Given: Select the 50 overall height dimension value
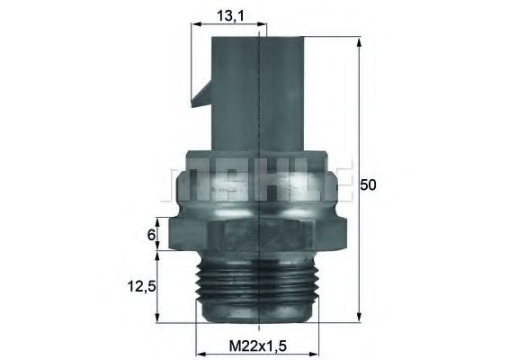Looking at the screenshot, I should coord(367,185).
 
